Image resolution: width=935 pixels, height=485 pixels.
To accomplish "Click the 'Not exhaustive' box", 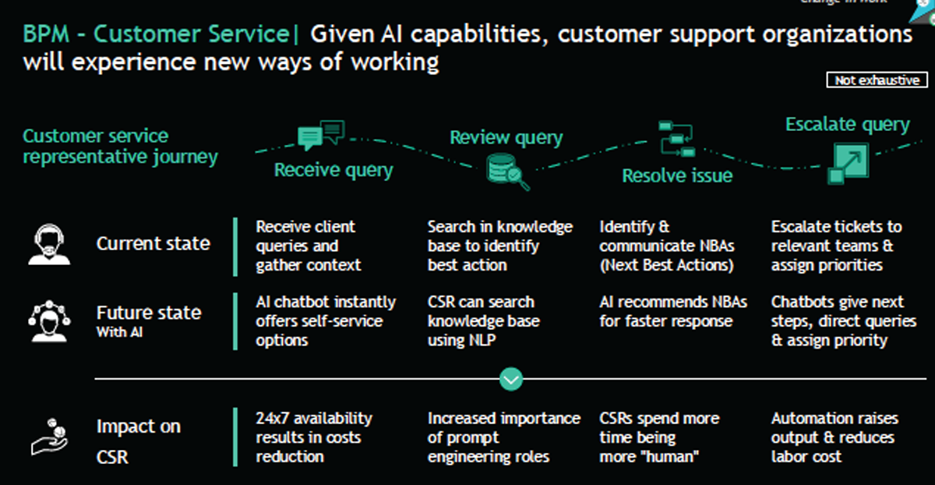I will pos(877,80).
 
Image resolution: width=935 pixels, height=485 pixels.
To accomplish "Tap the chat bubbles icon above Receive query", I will pos(320,135).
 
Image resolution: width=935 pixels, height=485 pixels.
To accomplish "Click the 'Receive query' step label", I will pos(333,170).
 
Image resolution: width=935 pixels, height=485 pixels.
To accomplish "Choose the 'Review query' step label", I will pos(506,138).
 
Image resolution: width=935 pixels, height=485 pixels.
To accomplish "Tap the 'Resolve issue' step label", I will pos(677,176).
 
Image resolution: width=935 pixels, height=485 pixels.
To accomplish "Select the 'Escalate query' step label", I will pos(847,125).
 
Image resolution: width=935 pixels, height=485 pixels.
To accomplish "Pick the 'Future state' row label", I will pos(148,313).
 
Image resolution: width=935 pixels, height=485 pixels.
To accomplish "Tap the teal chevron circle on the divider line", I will pos(511,380).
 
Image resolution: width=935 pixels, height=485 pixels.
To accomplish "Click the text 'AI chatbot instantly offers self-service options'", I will pos(326,321).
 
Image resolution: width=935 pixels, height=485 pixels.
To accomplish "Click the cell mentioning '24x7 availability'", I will pos(314,437).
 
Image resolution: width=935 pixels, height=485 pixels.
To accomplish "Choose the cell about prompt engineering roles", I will pos(503,437).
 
